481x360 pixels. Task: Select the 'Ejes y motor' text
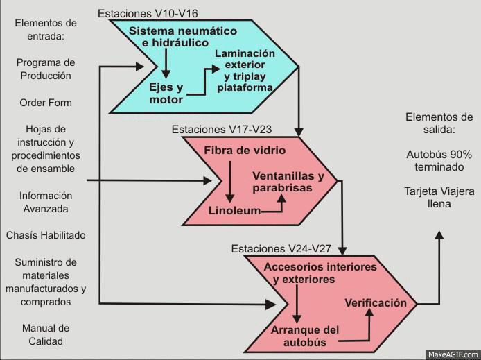coord(166,93)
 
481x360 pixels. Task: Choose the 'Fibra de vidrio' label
coord(244,150)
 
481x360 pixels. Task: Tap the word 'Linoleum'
coord(234,210)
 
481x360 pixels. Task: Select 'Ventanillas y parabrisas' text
coord(288,182)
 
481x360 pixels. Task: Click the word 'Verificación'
coord(375,302)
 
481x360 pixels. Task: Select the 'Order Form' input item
coord(46,103)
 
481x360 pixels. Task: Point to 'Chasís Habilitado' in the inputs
coord(46,235)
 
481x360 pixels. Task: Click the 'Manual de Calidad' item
coord(46,334)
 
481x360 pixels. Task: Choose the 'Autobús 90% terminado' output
coord(438,160)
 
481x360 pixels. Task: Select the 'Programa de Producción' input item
coord(46,69)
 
